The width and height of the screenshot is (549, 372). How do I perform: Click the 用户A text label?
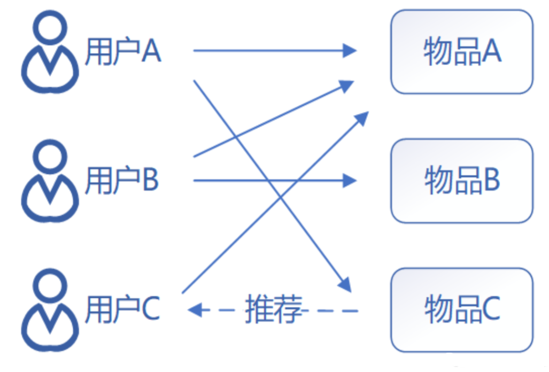(122, 52)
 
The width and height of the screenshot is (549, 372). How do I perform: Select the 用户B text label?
(122, 180)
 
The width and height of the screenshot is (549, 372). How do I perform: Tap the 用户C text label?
(122, 310)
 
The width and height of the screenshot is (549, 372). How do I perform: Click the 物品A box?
(462, 52)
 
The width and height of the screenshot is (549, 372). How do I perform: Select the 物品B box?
(462, 181)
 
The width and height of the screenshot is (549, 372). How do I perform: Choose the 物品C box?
(462, 310)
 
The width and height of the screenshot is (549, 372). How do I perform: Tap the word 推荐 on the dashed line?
(273, 310)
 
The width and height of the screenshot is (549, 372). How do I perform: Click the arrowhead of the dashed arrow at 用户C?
(196, 310)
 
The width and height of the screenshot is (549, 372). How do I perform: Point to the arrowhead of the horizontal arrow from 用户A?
(350, 51)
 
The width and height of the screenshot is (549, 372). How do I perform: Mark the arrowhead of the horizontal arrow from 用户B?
(350, 181)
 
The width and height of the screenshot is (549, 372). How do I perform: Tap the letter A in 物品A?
(490, 52)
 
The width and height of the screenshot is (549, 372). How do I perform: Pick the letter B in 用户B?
(150, 180)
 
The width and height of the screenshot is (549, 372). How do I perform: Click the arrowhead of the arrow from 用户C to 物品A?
(362, 118)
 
